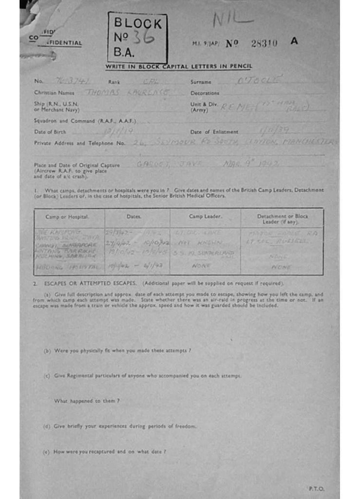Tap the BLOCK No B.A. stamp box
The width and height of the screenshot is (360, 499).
[x=137, y=38]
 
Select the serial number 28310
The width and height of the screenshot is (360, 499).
[x=264, y=43]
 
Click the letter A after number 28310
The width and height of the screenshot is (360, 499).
[x=294, y=41]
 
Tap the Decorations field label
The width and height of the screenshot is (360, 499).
[x=205, y=93]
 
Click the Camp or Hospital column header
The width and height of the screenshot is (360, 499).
[x=67, y=216]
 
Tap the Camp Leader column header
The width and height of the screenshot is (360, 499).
[x=205, y=216]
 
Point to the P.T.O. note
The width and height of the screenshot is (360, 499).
[x=316, y=488]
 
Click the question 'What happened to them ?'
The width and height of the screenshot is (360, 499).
[x=87, y=401]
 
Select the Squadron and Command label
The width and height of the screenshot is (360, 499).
[x=84, y=120]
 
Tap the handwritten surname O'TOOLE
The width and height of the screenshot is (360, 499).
[x=257, y=80]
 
